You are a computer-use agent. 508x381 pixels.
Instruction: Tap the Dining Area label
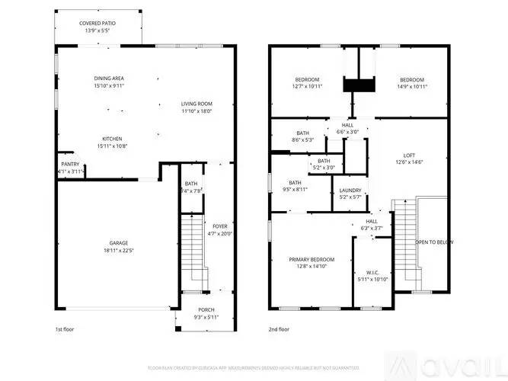(x=108, y=78)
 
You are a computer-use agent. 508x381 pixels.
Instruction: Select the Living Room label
(x=196, y=104)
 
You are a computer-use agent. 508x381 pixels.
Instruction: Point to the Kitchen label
(x=112, y=139)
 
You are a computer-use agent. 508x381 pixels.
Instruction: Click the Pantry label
(x=70, y=165)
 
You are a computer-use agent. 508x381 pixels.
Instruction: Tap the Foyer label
(x=219, y=226)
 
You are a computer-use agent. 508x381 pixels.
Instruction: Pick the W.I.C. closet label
(x=372, y=272)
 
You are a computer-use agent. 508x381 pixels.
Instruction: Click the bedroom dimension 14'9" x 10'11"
(x=412, y=86)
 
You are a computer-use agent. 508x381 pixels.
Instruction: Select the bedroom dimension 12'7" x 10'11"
(x=307, y=86)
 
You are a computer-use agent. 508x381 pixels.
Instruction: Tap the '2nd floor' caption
(x=279, y=329)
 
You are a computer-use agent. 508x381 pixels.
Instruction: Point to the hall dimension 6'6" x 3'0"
(x=347, y=132)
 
